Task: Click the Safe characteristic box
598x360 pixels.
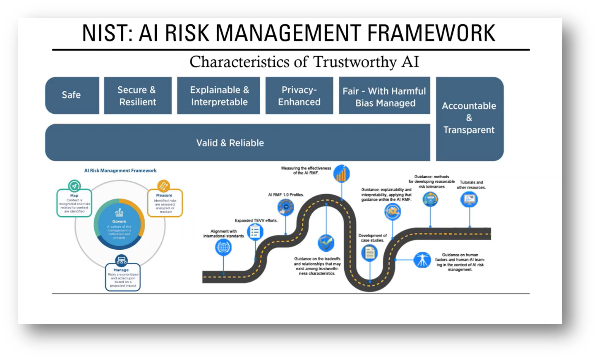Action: (x=72, y=95)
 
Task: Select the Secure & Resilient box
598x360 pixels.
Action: (x=137, y=95)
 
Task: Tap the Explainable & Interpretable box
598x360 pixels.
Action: (x=219, y=95)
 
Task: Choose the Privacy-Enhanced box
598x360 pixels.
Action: (x=299, y=95)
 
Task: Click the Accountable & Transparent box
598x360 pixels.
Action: (x=469, y=118)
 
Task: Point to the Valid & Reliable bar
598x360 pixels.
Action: (x=230, y=143)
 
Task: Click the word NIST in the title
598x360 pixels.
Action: (x=104, y=33)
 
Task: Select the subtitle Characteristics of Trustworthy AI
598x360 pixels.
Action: (x=304, y=62)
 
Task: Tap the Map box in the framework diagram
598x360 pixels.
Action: (x=74, y=203)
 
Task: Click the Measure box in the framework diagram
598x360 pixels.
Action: (x=165, y=203)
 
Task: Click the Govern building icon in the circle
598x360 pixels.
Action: (x=119, y=213)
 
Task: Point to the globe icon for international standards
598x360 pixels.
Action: (x=223, y=247)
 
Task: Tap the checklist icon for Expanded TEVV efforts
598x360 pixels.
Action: (x=255, y=232)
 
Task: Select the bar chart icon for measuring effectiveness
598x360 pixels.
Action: (x=341, y=174)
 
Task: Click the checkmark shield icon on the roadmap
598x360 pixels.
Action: (x=326, y=243)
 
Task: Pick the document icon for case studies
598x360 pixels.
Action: (x=369, y=252)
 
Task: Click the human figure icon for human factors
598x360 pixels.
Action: (x=422, y=260)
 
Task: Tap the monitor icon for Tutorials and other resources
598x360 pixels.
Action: (x=469, y=199)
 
